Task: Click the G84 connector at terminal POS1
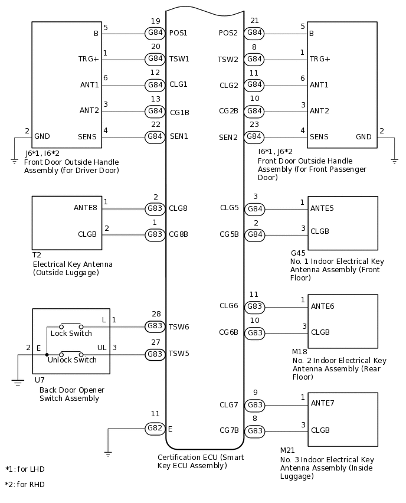(155, 33)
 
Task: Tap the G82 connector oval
(155, 428)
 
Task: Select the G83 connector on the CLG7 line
(254, 405)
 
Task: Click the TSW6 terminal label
(179, 326)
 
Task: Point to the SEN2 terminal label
(228, 137)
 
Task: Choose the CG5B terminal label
(229, 234)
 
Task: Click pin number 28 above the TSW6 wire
(156, 314)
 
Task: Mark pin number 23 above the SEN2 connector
(254, 125)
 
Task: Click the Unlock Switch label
(72, 360)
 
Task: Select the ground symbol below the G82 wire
(108, 453)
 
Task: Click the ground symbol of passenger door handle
(394, 160)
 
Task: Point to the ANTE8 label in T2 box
(86, 207)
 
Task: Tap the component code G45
(298, 253)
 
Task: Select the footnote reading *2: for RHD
(25, 485)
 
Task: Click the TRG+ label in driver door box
(89, 59)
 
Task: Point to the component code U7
(39, 380)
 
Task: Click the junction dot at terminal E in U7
(47, 355)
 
